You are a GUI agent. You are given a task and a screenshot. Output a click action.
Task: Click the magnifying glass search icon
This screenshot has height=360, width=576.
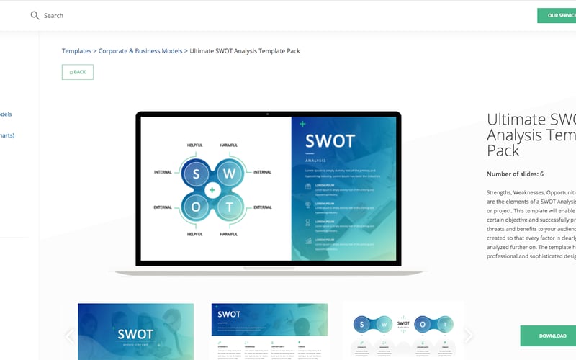coord(35,15)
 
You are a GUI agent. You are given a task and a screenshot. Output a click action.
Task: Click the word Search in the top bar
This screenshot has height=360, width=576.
coord(53,15)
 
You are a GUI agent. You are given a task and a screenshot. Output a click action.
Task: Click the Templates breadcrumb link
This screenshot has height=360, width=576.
coord(76,51)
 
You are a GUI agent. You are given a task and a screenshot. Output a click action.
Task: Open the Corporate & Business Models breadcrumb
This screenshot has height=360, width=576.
coord(140,51)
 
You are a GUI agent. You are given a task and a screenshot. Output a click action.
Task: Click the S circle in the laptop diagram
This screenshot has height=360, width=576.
coord(194,173)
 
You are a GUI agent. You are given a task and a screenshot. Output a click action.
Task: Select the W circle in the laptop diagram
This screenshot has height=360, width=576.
coord(230,173)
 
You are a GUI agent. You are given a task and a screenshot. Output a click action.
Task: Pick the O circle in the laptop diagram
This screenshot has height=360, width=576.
coord(194,207)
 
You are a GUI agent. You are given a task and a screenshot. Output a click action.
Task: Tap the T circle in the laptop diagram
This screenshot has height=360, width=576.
coord(230,207)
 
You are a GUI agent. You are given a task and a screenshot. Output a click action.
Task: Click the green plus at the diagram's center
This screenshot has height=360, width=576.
coord(212,190)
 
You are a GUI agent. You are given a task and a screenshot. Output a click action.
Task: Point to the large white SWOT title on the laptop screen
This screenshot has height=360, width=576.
coord(330,141)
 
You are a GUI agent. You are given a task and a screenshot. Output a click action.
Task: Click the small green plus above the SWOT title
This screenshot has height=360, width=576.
coord(302,125)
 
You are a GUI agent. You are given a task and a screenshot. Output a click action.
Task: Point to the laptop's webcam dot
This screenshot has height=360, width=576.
coord(268,113)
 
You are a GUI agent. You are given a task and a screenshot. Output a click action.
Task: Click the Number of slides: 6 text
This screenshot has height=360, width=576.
coord(515,174)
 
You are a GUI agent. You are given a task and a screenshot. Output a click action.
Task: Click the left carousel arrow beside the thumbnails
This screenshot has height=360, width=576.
coord(70,336)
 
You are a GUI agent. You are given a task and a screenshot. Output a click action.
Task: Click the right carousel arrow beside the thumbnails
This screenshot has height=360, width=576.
coord(469,336)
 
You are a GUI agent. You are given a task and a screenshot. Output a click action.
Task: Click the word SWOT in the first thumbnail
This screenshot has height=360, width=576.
coord(135,335)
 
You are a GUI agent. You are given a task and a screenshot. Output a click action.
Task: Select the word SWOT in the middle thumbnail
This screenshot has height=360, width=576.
coord(229,315)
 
